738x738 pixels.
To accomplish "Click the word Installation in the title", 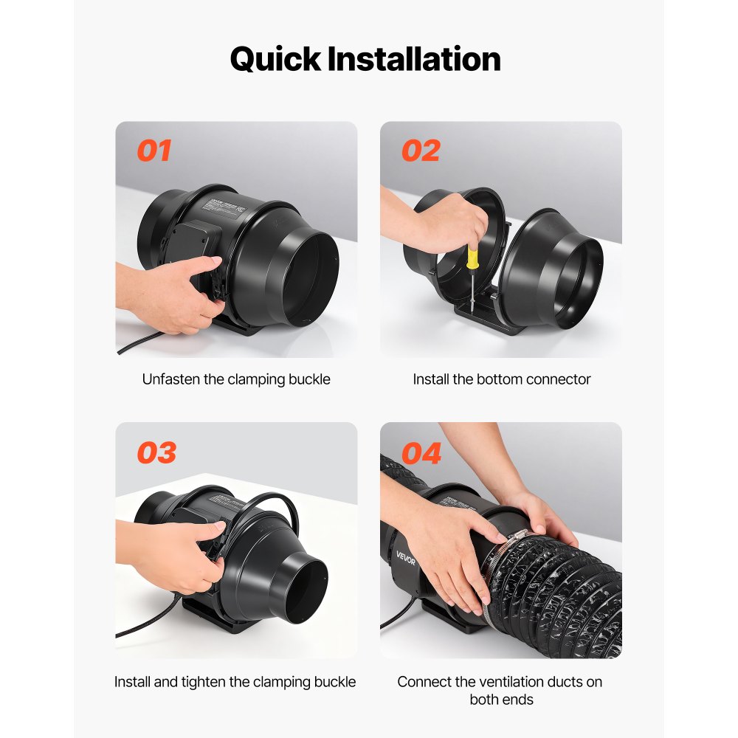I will pyautogui.click(x=415, y=59).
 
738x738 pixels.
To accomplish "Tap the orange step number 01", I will pyautogui.click(x=154, y=151).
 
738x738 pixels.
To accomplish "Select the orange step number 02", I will pyautogui.click(x=421, y=151).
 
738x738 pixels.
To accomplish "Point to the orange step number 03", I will pyautogui.click(x=156, y=452).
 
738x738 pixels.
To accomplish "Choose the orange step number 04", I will pyautogui.click(x=421, y=452).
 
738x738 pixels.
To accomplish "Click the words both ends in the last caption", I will pyautogui.click(x=501, y=699).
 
